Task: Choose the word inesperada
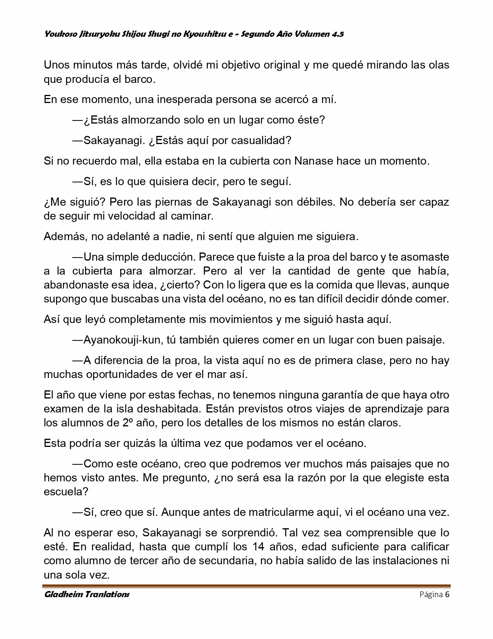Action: [x=185, y=100]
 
